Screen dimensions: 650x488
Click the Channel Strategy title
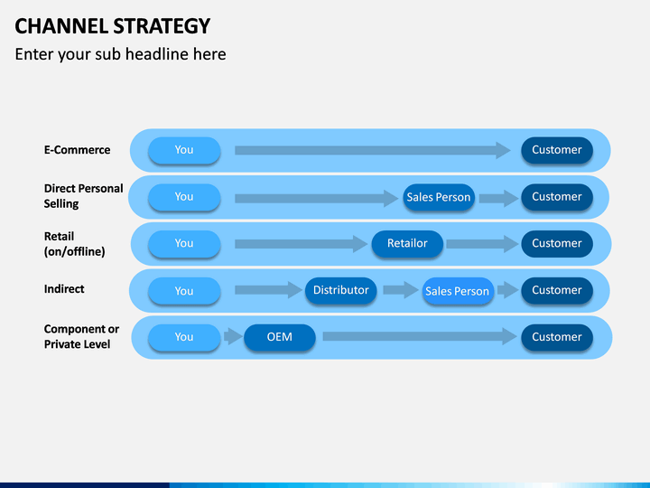point(112,26)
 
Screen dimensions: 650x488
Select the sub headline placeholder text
point(120,54)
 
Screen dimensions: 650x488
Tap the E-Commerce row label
point(77,150)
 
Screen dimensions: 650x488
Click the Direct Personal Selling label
point(83,196)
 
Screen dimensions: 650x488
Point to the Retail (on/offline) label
point(75,244)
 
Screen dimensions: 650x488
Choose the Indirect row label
point(64,289)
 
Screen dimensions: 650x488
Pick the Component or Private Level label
point(81,336)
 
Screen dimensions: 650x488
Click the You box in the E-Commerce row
point(184,150)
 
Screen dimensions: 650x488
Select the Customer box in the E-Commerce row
point(557,150)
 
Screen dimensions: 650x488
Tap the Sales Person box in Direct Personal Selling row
point(439,197)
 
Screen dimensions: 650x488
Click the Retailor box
point(407,244)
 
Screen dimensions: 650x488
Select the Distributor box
point(340,290)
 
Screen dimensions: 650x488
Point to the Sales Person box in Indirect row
point(458,291)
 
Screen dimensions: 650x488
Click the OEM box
point(279,337)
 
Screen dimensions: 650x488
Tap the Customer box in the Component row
point(557,337)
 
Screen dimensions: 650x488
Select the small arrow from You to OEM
point(233,336)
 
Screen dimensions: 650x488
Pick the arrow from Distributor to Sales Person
point(401,290)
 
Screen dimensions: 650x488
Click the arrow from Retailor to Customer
point(482,244)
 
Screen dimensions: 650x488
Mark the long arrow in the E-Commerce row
point(372,150)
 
